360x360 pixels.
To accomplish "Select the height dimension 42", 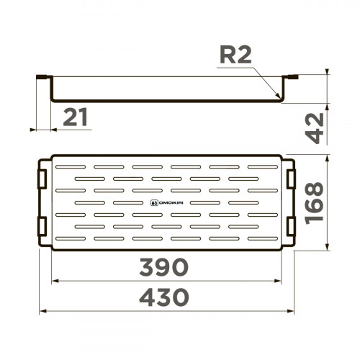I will click(x=315, y=130).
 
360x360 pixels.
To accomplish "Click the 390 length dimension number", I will click(x=166, y=266).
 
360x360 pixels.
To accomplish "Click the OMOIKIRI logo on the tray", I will click(x=166, y=203).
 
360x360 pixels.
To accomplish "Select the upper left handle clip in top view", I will click(x=43, y=177).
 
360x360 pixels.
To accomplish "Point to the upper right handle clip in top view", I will click(x=291, y=177).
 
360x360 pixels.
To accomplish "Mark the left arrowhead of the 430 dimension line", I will click(x=40, y=312).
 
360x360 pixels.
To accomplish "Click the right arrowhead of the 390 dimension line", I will click(x=280, y=281).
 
